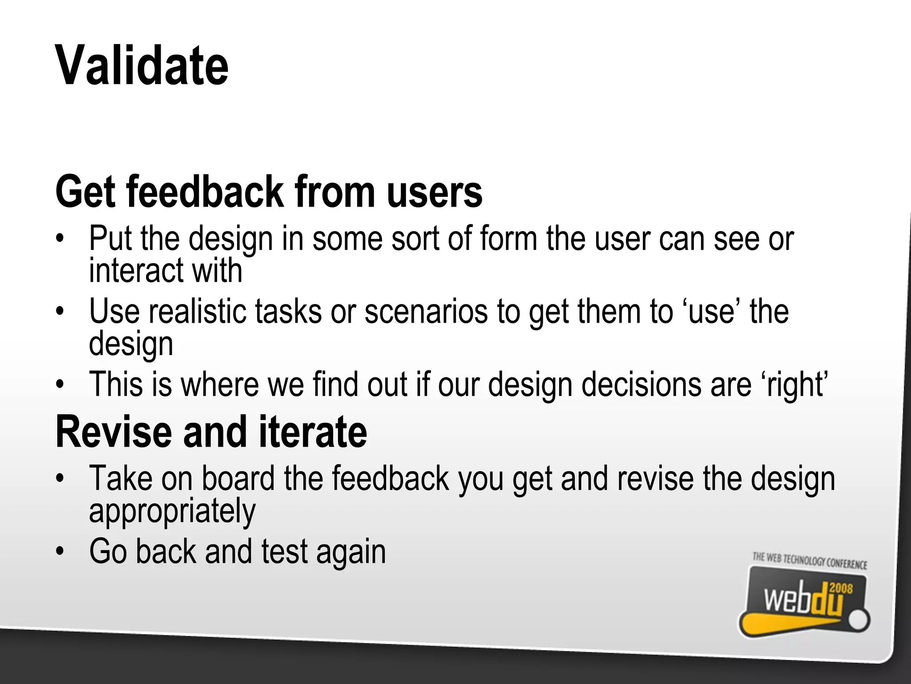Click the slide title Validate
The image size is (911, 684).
coord(141,66)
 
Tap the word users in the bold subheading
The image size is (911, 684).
coord(434,192)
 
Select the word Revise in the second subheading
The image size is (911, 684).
coord(113,432)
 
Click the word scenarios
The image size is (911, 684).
coord(426,311)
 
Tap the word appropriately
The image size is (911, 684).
coord(172,511)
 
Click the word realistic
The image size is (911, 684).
coord(197,311)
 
